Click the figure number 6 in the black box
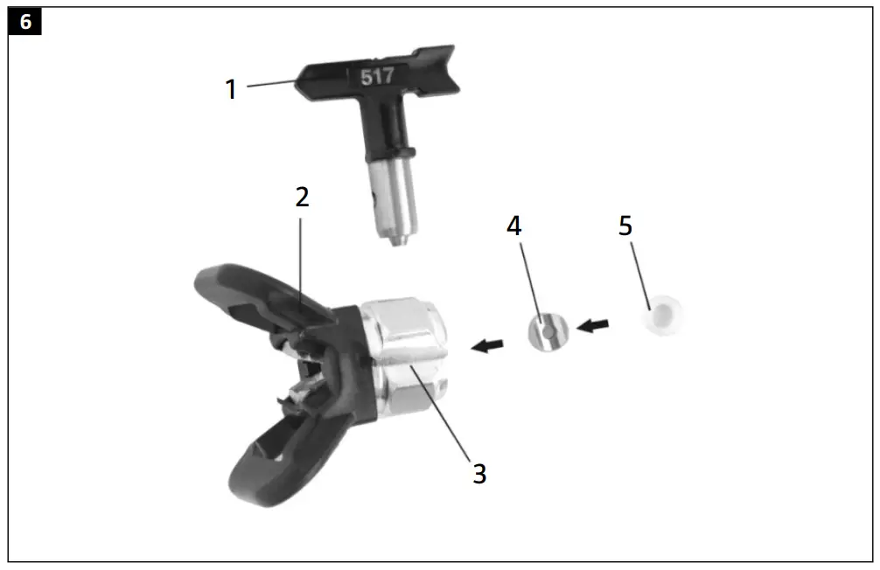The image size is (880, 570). [x=24, y=22]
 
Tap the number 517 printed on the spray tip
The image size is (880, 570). [x=377, y=76]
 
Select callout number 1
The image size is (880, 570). [x=231, y=89]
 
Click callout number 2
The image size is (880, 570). [x=302, y=197]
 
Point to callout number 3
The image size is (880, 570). [x=479, y=474]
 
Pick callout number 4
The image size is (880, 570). [x=514, y=226]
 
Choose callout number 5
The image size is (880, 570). [x=625, y=226]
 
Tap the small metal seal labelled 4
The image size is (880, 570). [x=548, y=333]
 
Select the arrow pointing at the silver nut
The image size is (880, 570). [x=489, y=346]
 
